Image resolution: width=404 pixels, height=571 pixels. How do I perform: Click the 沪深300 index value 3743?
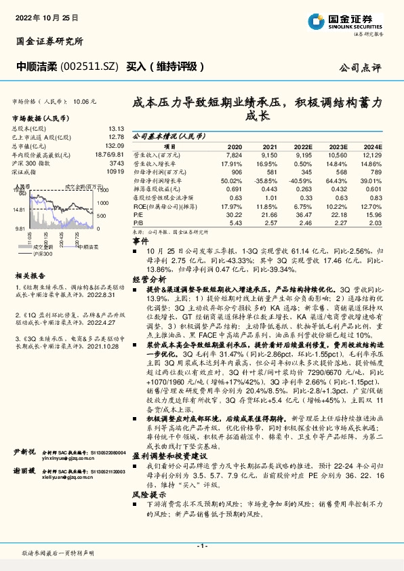pyautogui.click(x=117, y=163)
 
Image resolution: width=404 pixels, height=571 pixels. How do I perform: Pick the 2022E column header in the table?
pyautogui.click(x=302, y=146)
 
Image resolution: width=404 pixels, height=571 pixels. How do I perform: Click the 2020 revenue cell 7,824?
pyautogui.click(x=233, y=155)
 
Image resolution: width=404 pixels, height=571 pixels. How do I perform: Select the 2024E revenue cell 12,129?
pyautogui.click(x=372, y=155)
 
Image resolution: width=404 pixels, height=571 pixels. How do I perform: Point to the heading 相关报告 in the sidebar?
pyautogui.click(x=30, y=276)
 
